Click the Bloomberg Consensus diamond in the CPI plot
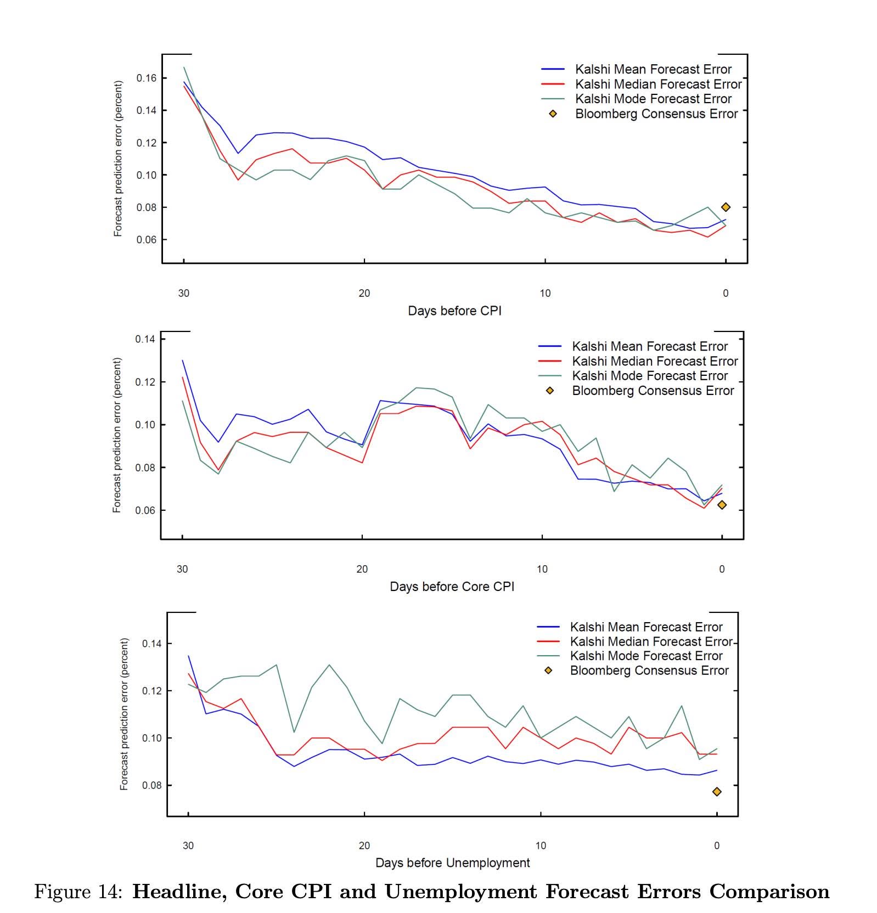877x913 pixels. point(726,207)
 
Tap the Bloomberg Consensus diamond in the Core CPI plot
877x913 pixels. point(722,505)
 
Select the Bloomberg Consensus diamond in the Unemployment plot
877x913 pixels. point(717,791)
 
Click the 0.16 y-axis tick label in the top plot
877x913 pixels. point(147,78)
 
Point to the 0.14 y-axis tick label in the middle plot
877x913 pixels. point(145,339)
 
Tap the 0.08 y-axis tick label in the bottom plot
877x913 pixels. point(152,785)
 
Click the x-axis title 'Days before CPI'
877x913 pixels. point(454,311)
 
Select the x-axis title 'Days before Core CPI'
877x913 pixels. point(452,587)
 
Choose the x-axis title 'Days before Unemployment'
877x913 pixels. point(453,863)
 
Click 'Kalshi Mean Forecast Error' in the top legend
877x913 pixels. point(653,69)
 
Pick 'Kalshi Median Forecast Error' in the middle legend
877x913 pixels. point(655,361)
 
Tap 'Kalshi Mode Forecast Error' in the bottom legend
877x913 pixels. point(646,656)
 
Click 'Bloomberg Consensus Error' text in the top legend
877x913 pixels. point(656,114)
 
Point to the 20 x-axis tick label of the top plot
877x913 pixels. point(364,293)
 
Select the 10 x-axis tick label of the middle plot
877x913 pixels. point(542,569)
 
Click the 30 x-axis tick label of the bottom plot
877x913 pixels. point(188,846)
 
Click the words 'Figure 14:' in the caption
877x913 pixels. point(78,892)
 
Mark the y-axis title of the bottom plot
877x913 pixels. point(124,714)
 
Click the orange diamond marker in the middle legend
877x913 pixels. point(549,391)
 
